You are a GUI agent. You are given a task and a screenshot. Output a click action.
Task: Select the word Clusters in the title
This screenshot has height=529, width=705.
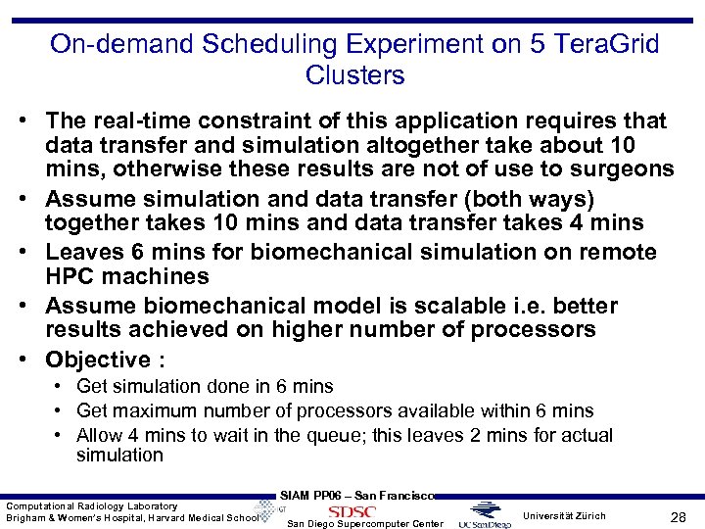[354, 74]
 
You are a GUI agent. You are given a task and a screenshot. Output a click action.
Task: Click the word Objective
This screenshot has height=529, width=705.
[97, 360]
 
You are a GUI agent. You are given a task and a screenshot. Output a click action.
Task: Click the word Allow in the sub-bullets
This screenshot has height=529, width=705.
[100, 435]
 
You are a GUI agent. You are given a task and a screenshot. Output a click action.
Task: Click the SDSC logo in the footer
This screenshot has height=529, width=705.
[352, 511]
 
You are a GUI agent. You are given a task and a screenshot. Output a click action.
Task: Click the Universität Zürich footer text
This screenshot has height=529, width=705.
[564, 515]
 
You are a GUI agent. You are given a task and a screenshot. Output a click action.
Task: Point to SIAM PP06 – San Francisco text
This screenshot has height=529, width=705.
[356, 496]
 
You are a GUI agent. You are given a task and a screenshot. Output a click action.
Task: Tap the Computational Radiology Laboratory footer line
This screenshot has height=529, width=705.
[92, 505]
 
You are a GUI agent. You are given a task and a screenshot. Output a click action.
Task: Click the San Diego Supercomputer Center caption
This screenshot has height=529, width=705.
[364, 523]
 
